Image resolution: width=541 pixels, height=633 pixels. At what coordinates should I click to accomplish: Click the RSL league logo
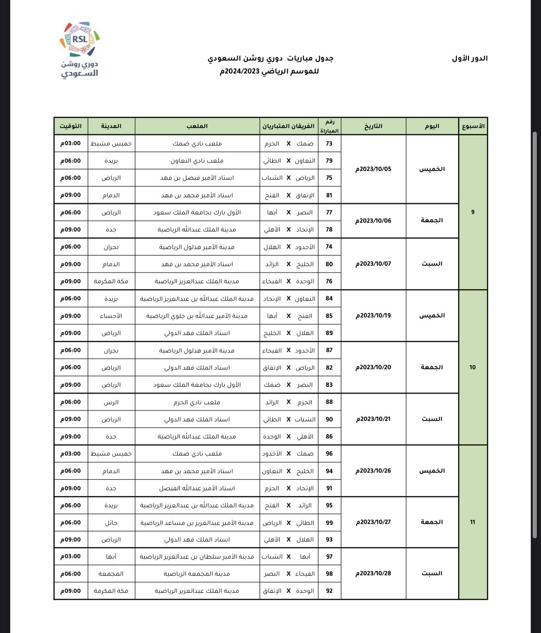coord(80,49)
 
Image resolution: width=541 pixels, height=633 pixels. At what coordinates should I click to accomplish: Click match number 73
coord(329,144)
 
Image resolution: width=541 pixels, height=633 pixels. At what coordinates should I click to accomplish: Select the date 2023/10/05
coord(373,169)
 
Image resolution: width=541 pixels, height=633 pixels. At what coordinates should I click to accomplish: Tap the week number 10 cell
coord(473,367)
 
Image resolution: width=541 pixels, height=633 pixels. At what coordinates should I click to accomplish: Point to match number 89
coord(329,333)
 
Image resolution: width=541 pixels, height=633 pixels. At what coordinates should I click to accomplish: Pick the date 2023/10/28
coord(373,573)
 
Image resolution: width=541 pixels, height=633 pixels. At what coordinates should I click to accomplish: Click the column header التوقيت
coord(71,126)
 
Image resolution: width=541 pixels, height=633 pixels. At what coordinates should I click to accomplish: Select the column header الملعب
coord(197,126)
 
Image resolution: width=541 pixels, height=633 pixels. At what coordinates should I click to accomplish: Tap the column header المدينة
coord(111,126)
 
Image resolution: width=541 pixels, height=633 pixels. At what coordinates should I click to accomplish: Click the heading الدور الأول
coord(470,59)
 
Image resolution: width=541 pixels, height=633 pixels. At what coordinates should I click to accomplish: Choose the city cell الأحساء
coord(111,316)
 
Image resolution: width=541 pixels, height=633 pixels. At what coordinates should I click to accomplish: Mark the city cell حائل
coord(111,523)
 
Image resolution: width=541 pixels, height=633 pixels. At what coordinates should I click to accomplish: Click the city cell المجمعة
coord(111,574)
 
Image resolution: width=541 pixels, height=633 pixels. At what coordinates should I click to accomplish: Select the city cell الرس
coord(111,402)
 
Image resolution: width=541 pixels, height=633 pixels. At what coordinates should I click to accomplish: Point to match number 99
coord(329,523)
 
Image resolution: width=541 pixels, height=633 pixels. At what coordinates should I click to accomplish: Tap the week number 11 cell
coord(473,522)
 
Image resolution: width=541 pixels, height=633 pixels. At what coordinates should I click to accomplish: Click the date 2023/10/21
coord(373,419)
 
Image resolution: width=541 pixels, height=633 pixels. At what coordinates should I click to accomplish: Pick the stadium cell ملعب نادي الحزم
coord(197,402)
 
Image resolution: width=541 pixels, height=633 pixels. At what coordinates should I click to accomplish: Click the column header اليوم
coord(432,126)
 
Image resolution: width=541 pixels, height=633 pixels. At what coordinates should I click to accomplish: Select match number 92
coord(329,591)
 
